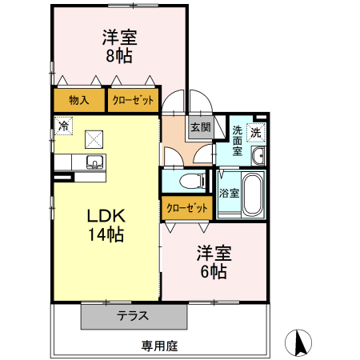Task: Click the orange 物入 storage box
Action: [78, 101]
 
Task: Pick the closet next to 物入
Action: [133, 101]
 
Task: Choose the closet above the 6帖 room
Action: [186, 208]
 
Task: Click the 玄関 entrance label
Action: [200, 127]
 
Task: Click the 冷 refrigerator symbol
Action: [63, 126]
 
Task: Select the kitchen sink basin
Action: [94, 164]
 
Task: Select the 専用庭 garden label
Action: [159, 346]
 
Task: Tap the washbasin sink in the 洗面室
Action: [258, 155]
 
